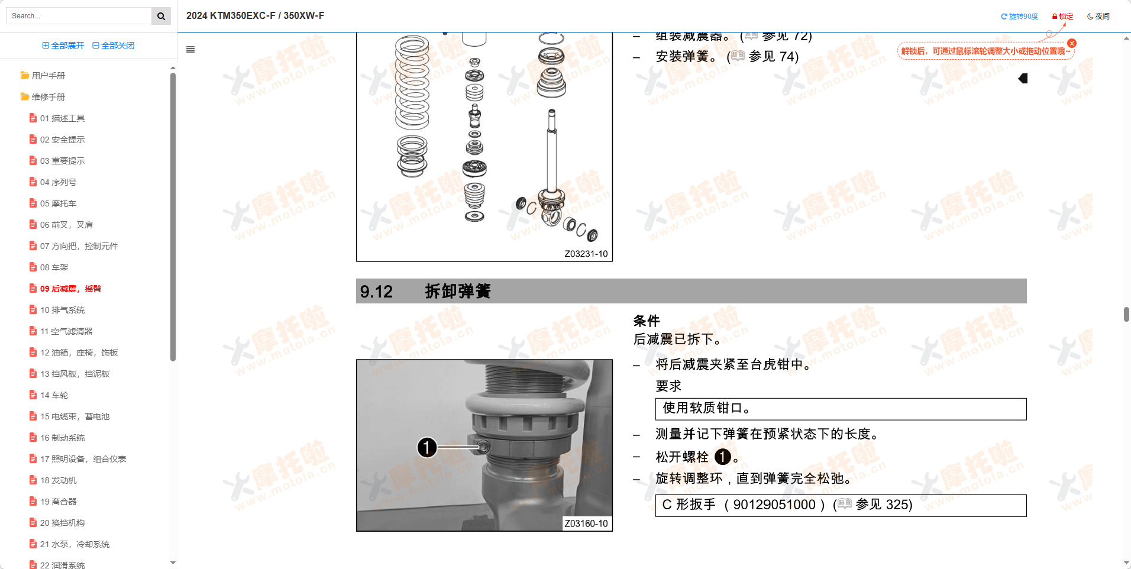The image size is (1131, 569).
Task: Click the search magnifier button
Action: click(x=161, y=16)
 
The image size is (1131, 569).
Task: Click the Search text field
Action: click(x=80, y=16)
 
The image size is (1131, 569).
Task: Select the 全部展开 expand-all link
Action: click(x=63, y=46)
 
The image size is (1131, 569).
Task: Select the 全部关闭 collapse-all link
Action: click(x=114, y=46)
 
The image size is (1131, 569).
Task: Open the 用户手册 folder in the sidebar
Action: click(x=48, y=76)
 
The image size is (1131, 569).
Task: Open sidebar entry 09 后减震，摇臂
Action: click(x=70, y=289)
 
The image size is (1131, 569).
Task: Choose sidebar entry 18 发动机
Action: click(x=58, y=480)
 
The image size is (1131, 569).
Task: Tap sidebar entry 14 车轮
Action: click(x=54, y=395)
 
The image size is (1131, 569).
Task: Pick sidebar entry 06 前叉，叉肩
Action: click(x=66, y=225)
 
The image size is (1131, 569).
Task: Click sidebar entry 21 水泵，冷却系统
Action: click(x=75, y=544)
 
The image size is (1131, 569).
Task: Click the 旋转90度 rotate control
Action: click(x=1019, y=17)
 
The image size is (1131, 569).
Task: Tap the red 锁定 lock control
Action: click(x=1062, y=17)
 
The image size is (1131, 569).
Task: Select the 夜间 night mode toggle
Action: click(x=1098, y=17)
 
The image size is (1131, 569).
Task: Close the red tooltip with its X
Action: click(x=1072, y=43)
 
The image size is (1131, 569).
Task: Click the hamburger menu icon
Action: click(x=190, y=50)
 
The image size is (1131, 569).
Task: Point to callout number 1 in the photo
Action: click(x=427, y=447)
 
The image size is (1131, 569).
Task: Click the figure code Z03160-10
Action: click(x=586, y=523)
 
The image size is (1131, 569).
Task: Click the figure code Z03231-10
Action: click(x=586, y=254)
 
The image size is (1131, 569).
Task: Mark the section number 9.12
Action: click(x=376, y=292)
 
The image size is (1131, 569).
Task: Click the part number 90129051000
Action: click(x=774, y=505)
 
